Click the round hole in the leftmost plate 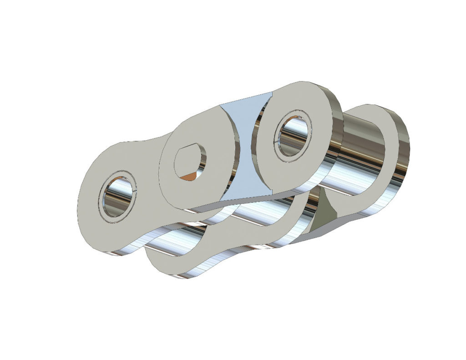point(117,197)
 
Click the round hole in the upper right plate point(292,135)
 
